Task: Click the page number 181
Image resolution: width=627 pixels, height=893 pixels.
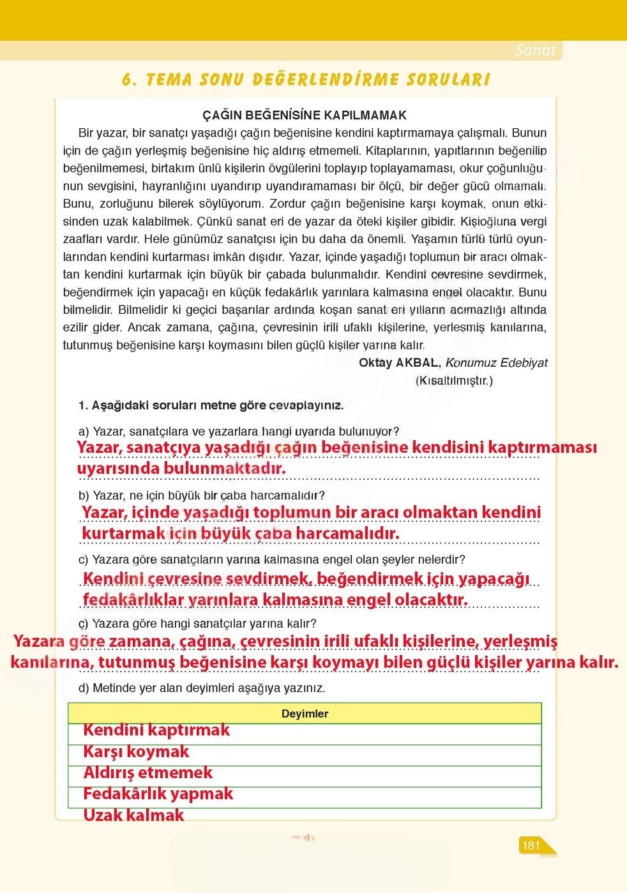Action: pos(531,846)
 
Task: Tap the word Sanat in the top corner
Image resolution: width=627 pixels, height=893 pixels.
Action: pos(535,50)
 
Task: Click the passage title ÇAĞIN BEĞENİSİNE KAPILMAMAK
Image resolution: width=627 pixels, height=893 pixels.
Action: pos(305,115)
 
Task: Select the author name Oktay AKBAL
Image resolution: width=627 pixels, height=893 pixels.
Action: pos(398,363)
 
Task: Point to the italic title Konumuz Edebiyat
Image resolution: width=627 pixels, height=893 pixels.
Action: pos(496,363)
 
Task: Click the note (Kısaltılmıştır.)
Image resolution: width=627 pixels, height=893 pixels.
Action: pos(454,381)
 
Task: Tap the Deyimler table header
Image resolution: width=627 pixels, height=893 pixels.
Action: pos(305,714)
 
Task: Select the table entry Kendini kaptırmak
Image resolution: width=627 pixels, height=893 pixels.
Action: pos(156,730)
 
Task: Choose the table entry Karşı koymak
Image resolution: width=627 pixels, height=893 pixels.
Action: pos(136,752)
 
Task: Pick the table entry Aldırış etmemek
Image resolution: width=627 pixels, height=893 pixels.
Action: pos(147,773)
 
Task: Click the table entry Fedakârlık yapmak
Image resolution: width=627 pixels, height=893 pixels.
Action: pos(158,794)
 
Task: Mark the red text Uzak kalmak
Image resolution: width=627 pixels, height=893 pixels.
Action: pos(133,815)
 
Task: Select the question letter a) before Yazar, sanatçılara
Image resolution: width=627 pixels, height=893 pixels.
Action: pos(84,432)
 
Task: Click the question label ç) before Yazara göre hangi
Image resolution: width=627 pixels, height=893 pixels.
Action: pos(84,624)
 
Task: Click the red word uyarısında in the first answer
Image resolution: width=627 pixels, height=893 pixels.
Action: pos(117,469)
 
